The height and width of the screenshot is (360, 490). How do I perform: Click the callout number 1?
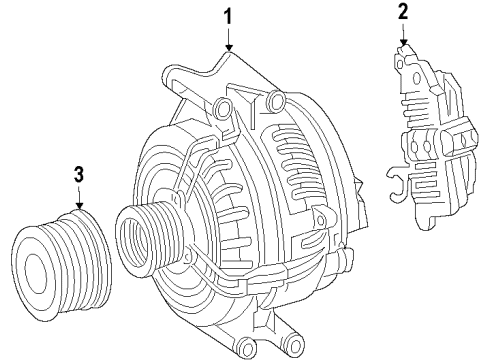tap(228, 16)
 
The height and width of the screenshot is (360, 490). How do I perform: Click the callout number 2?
tap(403, 11)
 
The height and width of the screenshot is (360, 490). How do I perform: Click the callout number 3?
tap(79, 175)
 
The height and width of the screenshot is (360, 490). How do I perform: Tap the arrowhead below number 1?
tap(228, 48)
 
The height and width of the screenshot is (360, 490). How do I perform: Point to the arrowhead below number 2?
tap(404, 43)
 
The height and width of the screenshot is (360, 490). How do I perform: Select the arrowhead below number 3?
tap(79, 206)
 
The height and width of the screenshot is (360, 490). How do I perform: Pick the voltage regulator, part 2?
tap(433, 137)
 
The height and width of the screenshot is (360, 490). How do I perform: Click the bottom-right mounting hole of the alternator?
tap(295, 349)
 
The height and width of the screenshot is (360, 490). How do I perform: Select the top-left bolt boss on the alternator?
tap(223, 108)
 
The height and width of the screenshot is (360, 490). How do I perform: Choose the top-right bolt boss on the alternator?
tap(276, 100)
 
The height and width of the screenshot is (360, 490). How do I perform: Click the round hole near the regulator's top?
tap(417, 79)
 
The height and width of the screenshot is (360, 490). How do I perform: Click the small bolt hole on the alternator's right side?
tap(320, 220)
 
